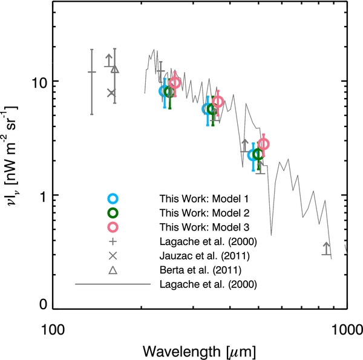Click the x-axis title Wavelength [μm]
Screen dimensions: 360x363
[199, 350]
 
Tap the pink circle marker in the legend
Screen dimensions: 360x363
[113, 227]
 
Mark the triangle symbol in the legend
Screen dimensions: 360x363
[113, 270]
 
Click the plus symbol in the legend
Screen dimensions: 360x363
[113, 241]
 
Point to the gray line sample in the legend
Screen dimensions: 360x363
[113, 284]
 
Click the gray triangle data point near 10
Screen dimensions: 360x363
[115, 69]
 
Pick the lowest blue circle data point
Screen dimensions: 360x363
[254, 155]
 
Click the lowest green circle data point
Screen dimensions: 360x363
[258, 154]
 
